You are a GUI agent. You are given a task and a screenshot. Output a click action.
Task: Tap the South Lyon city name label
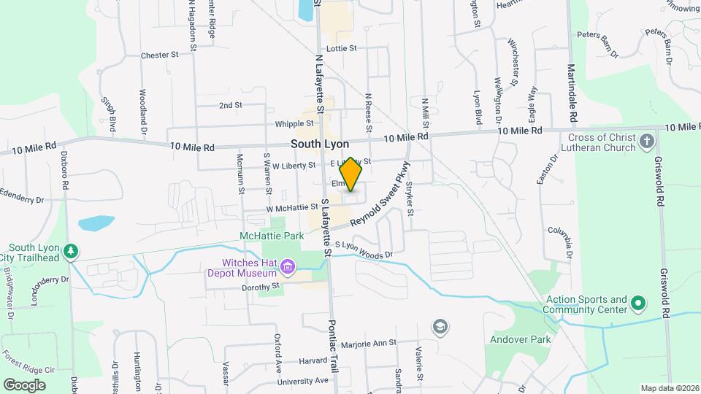point(320,144)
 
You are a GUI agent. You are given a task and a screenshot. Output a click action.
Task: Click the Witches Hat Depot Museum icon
point(288,268)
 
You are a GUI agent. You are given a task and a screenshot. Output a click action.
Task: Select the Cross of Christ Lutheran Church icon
point(646,140)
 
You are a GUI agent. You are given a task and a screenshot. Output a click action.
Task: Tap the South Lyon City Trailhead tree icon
point(70,252)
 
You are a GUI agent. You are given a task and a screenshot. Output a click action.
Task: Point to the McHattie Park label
point(271,236)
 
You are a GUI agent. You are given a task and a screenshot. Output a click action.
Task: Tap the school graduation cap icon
point(440,325)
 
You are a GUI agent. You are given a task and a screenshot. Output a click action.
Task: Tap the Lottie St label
point(342,48)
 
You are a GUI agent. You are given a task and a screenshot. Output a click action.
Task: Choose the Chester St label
point(160,55)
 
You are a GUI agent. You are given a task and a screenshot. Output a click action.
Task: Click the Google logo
point(24,385)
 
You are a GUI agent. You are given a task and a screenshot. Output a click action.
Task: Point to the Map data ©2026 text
point(669,388)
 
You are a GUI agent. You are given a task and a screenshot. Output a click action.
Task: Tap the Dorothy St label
point(261,288)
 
